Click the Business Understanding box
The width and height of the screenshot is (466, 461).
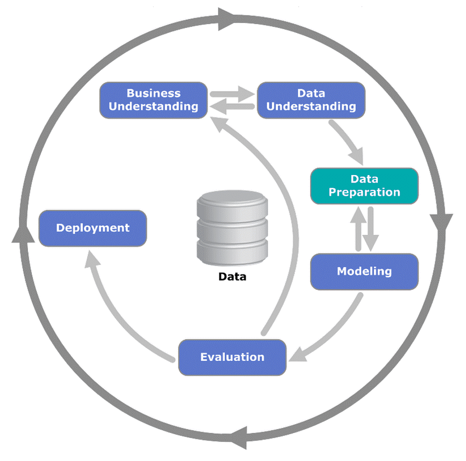pos(154,100)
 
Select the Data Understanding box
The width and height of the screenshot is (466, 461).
pos(311,100)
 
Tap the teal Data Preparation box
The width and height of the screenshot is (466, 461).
pos(364,186)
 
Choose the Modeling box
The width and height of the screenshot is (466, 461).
pos(364,271)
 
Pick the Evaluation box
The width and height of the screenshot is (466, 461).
pos(232,357)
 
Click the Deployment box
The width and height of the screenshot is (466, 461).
pos(93,228)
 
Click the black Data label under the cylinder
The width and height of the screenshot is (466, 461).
pos(232,277)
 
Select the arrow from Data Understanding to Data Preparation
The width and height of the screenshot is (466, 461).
pos(348,143)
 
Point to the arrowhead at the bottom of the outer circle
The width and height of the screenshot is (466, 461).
pos(240,438)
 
